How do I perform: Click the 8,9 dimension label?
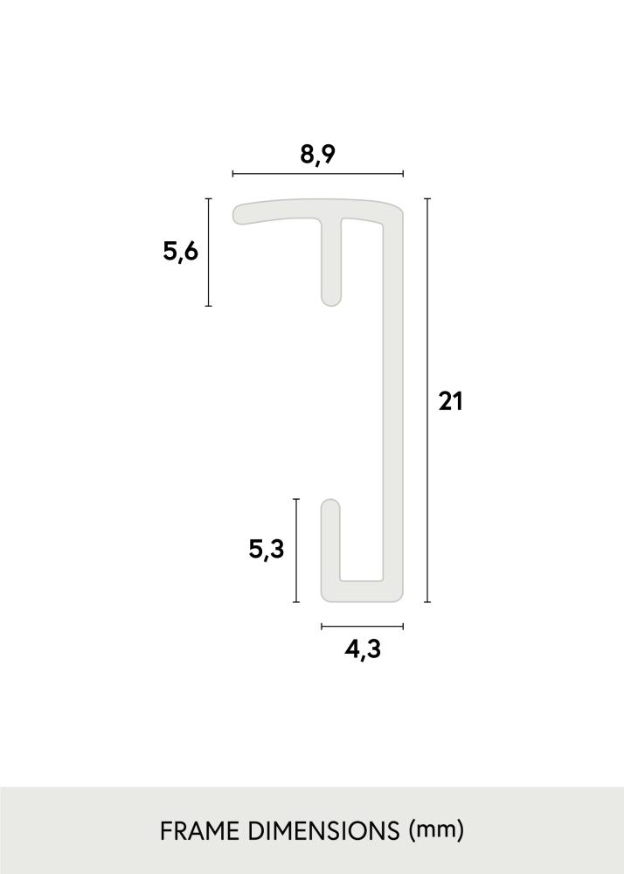(x=318, y=154)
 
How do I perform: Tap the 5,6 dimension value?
(x=181, y=252)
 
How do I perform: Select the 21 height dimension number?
(x=449, y=401)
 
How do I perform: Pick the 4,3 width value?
(x=363, y=649)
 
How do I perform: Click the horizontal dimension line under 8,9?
(x=318, y=174)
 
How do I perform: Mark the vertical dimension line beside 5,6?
(x=208, y=252)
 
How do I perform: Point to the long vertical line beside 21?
(x=427, y=401)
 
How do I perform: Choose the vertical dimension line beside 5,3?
(x=297, y=551)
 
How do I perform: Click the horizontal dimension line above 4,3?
(x=363, y=626)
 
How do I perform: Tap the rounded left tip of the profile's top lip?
(x=239, y=213)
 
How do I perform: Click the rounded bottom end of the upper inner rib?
(x=331, y=301)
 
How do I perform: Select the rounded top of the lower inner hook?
(x=331, y=504)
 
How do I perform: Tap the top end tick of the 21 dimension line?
(x=427, y=199)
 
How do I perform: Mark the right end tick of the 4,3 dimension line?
(x=403, y=626)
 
